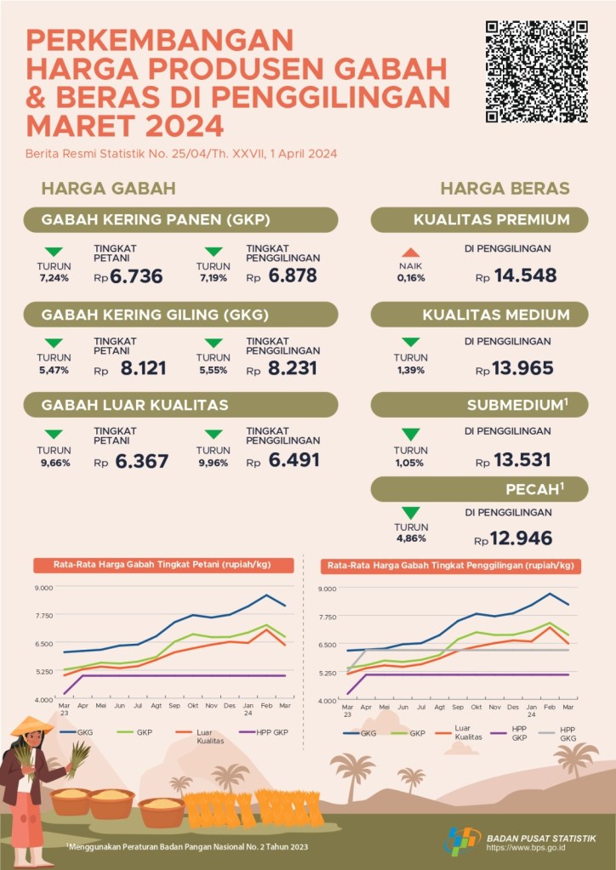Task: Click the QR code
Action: coord(536,72)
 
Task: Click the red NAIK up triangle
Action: coord(411,252)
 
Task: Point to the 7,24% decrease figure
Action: coord(54,278)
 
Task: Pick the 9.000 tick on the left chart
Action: coord(43,587)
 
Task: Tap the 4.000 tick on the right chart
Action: coord(328,700)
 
